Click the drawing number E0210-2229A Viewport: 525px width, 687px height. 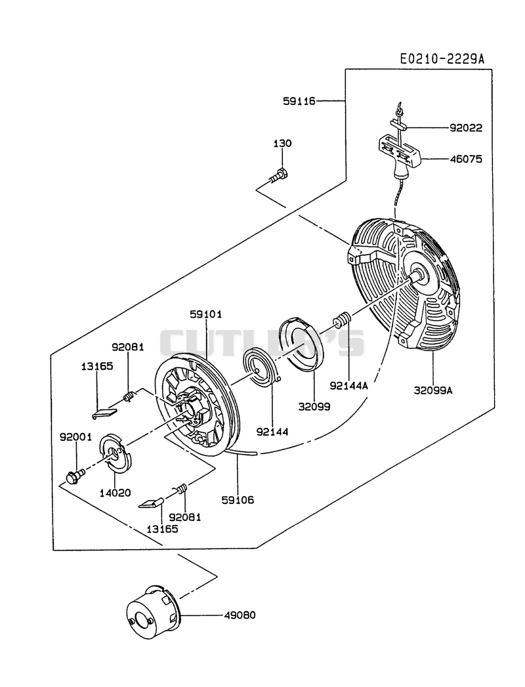click(442, 59)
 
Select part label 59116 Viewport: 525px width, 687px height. click(299, 101)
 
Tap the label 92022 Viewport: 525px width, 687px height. click(466, 128)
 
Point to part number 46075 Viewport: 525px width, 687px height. click(466, 159)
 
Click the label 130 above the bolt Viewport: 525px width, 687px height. click(283, 143)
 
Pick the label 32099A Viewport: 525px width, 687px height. click(433, 390)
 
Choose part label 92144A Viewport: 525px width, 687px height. click(349, 386)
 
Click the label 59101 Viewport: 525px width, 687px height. click(205, 314)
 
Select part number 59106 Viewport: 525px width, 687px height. click(238, 500)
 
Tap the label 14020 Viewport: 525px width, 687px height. click(115, 493)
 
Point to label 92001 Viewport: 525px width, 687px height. click(76, 436)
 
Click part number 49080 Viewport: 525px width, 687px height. click(240, 615)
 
